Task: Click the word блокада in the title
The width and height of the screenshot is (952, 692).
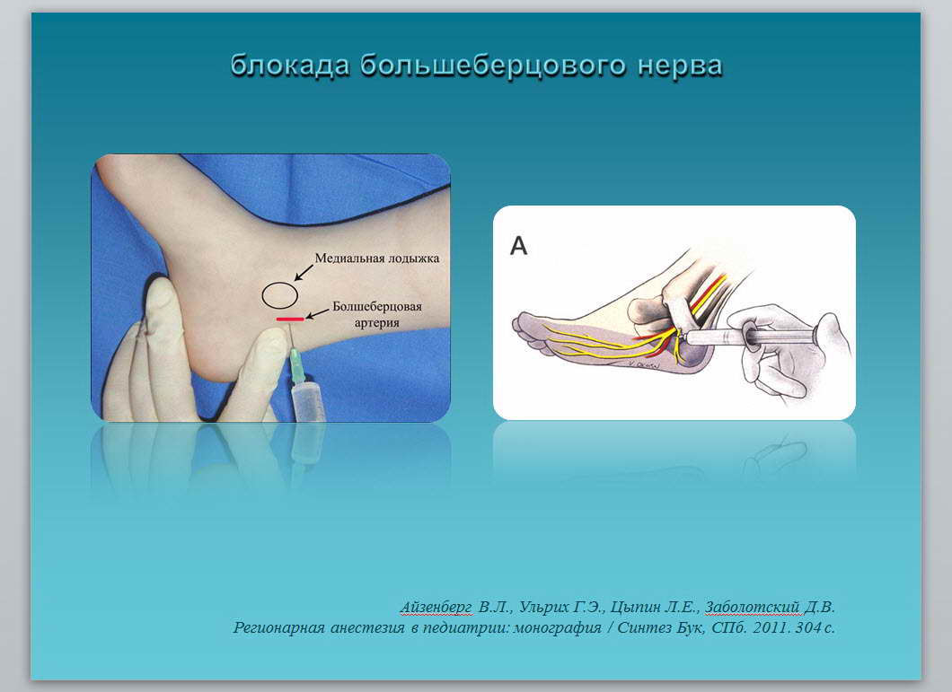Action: click(290, 66)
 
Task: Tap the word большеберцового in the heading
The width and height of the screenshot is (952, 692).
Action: click(493, 66)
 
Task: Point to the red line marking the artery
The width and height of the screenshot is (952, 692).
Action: click(290, 319)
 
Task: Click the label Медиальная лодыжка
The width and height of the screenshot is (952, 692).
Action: click(377, 258)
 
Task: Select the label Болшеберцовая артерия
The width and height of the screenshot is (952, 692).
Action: click(377, 314)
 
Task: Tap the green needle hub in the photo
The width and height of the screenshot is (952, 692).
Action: click(297, 366)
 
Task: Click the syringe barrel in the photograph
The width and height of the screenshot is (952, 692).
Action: click(308, 402)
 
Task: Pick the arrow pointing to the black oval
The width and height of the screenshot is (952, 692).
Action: click(304, 272)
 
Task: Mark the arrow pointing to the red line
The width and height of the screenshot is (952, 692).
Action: click(317, 313)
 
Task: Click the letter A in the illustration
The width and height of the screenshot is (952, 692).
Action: click(518, 246)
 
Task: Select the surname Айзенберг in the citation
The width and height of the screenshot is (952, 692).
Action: click(436, 607)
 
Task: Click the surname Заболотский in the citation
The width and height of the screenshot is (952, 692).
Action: click(753, 607)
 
